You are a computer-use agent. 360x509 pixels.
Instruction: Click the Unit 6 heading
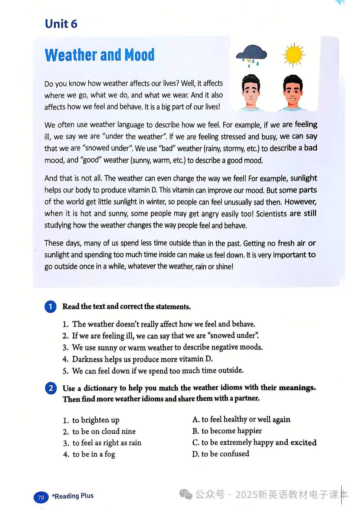pyautogui.click(x=61, y=24)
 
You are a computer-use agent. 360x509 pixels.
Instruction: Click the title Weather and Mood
pyautogui.click(x=100, y=55)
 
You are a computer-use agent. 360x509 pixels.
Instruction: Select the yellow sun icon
pyautogui.click(x=293, y=55)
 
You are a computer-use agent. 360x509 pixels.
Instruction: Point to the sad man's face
pyautogui.click(x=251, y=91)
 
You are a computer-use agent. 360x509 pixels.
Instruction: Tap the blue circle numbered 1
pyautogui.click(x=50, y=307)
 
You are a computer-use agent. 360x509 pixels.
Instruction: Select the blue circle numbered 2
pyautogui.click(x=51, y=388)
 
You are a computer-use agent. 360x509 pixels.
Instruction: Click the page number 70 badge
pyautogui.click(x=41, y=497)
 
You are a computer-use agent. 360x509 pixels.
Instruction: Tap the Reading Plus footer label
pyautogui.click(x=73, y=496)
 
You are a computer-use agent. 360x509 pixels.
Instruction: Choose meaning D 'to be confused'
pyautogui.click(x=221, y=454)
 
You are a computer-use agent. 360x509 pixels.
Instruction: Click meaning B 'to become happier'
pyautogui.click(x=227, y=431)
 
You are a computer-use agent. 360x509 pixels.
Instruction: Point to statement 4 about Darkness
pyautogui.click(x=142, y=359)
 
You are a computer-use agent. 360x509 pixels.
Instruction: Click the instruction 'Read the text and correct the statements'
pyautogui.click(x=126, y=307)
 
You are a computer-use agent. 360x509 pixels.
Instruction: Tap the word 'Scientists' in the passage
pyautogui.click(x=271, y=213)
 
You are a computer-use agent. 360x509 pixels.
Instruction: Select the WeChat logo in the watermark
pyautogui.click(x=186, y=494)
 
